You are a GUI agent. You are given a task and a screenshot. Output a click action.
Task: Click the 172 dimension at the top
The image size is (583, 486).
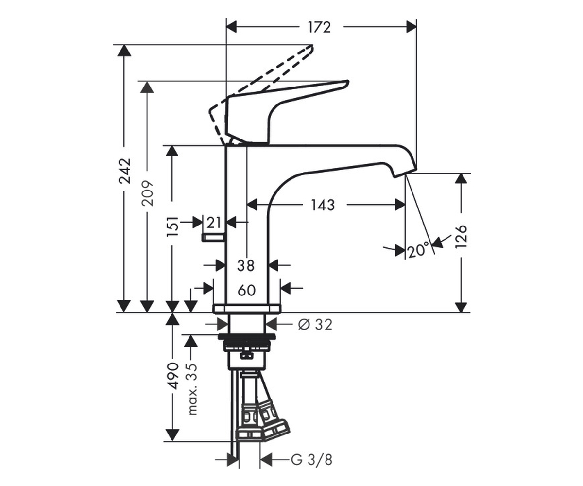coord(319,27)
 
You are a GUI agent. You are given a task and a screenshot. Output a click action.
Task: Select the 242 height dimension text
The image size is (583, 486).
coord(124,171)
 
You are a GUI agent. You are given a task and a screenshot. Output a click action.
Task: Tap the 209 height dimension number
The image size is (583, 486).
coord(147,193)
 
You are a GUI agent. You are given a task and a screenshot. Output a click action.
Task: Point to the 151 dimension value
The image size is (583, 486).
coord(172,226)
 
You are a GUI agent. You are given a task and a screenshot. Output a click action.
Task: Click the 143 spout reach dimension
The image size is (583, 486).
coord(323,205)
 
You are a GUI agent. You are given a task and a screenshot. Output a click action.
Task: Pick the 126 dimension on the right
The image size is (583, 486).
coord(461,236)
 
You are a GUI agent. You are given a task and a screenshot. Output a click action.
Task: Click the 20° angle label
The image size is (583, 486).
coord(418,249)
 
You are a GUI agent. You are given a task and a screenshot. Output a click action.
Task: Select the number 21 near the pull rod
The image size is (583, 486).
coord(214,223)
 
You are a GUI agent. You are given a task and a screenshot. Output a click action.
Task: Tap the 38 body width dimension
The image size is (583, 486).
coord(246,265)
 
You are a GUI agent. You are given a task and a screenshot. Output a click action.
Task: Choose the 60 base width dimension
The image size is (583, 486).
coord(246,290)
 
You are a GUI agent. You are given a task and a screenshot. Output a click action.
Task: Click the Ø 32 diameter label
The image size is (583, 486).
coord(315,325)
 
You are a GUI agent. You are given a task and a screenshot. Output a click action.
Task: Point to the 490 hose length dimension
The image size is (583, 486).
coord(172,376)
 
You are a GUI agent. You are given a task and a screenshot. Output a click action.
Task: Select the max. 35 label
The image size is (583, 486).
coord(191,389)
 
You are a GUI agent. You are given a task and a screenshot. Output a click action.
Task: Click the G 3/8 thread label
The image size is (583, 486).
coord(311,460)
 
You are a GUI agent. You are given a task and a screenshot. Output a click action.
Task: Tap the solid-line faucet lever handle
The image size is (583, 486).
coord(282,112)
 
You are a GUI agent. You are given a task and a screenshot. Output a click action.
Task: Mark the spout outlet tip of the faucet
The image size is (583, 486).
coord(405,173)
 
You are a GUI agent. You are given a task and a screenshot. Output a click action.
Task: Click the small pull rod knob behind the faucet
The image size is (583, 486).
coord(213,238)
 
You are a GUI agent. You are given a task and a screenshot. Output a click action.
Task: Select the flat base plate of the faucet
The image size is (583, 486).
coord(247,309)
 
